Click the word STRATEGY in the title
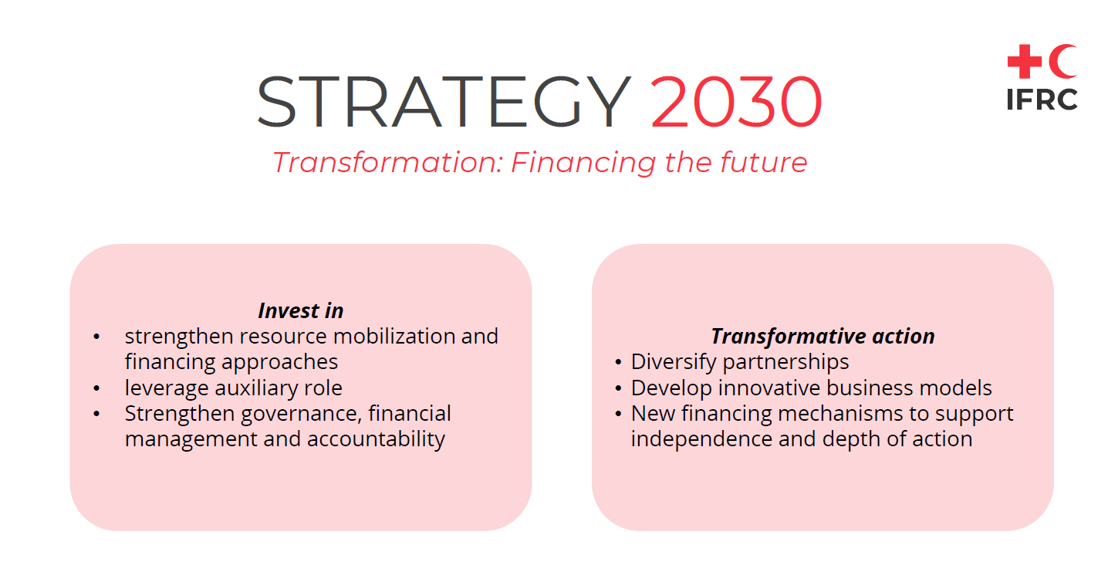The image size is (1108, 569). pyautogui.click(x=444, y=102)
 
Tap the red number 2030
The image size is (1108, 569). pyautogui.click(x=736, y=102)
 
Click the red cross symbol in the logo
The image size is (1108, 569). pyautogui.click(x=1025, y=61)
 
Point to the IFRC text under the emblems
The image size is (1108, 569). pyautogui.click(x=1042, y=100)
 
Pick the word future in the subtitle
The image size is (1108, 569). pyautogui.click(x=763, y=162)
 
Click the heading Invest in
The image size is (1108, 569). pyautogui.click(x=301, y=310)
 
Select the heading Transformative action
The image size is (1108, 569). pyautogui.click(x=823, y=336)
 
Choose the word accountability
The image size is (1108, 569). pyautogui.click(x=376, y=439)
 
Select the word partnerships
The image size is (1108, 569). pyautogui.click(x=785, y=362)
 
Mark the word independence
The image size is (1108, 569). pyautogui.click(x=701, y=439)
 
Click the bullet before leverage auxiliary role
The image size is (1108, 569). pyautogui.click(x=96, y=388)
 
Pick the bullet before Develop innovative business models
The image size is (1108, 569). pyautogui.click(x=618, y=388)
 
